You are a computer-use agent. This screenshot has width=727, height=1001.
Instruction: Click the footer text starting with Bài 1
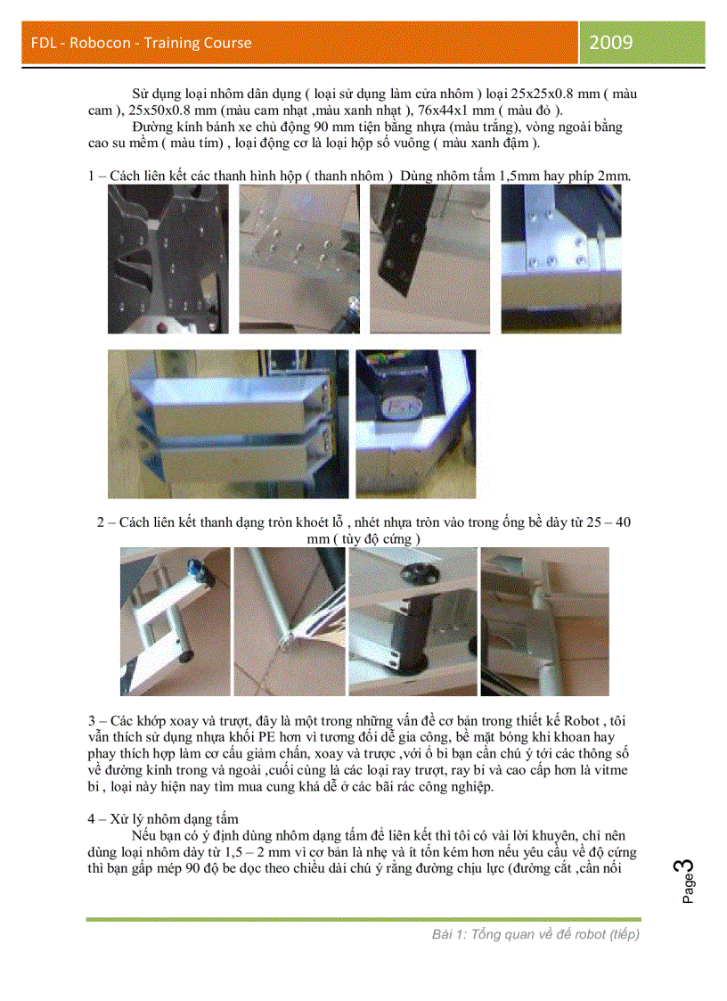coord(535,933)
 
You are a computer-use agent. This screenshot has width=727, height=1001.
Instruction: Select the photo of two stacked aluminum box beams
coord(226,423)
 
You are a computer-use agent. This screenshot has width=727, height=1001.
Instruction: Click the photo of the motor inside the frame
coord(415,423)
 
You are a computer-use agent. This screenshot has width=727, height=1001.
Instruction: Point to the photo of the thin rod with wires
coord(290,621)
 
